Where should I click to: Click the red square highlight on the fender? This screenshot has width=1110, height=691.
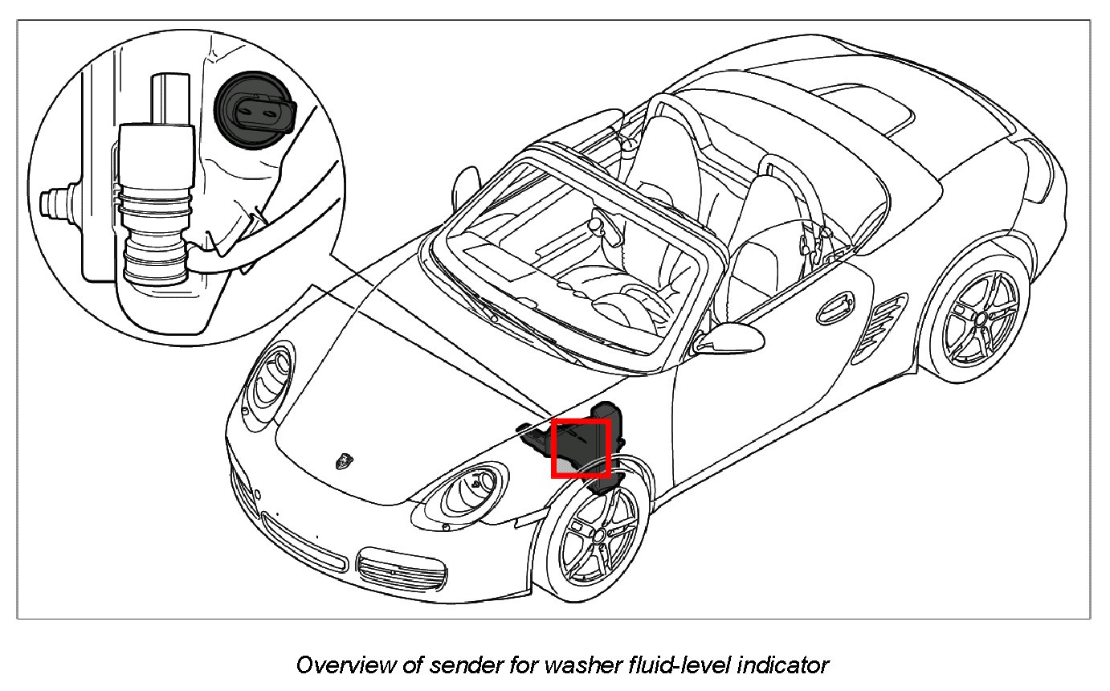click(581, 448)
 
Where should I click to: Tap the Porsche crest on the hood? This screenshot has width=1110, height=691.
click(346, 460)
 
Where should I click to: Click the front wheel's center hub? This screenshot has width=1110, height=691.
click(598, 535)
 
